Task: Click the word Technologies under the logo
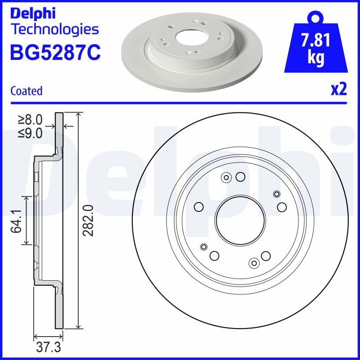54,30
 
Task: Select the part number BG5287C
55,53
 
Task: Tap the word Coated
26,91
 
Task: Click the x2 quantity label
339,90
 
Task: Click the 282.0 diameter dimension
89,220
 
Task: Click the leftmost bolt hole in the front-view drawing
198,207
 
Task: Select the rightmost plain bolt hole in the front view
282,207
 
